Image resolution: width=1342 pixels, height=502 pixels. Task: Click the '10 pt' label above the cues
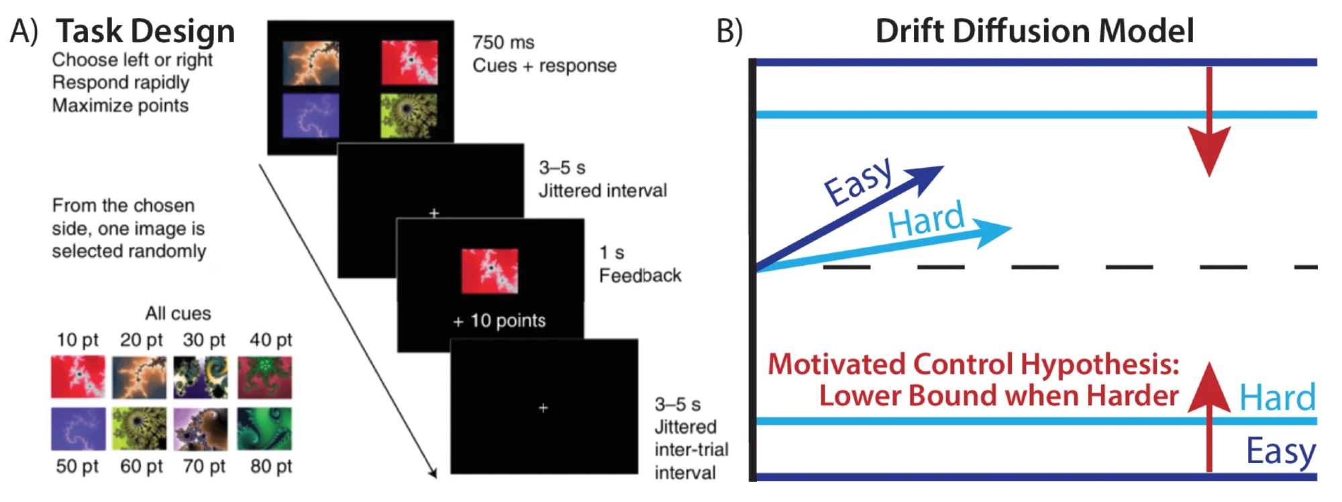(x=77, y=340)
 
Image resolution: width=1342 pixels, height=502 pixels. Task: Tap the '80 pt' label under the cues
(x=271, y=466)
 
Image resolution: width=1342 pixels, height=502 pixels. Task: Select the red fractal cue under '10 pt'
(x=78, y=376)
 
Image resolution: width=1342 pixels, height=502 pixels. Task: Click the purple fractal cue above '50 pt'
(x=78, y=429)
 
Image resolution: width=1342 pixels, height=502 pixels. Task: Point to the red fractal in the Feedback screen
(x=489, y=271)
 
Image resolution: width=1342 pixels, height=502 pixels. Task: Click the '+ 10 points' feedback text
(x=500, y=321)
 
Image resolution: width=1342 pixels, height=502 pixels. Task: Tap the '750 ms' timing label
(x=503, y=42)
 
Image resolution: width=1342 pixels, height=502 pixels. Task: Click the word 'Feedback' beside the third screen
(x=640, y=275)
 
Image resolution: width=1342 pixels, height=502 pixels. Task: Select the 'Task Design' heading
(x=145, y=31)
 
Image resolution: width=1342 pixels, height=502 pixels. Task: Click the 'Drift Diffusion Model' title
(x=1034, y=31)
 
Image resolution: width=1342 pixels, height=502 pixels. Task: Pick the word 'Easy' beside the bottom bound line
(x=1280, y=451)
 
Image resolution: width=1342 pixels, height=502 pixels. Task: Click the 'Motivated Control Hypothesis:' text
(x=973, y=364)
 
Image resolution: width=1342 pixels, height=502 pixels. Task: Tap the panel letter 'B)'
(x=729, y=31)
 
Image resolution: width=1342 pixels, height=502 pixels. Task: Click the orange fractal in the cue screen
(x=311, y=63)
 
